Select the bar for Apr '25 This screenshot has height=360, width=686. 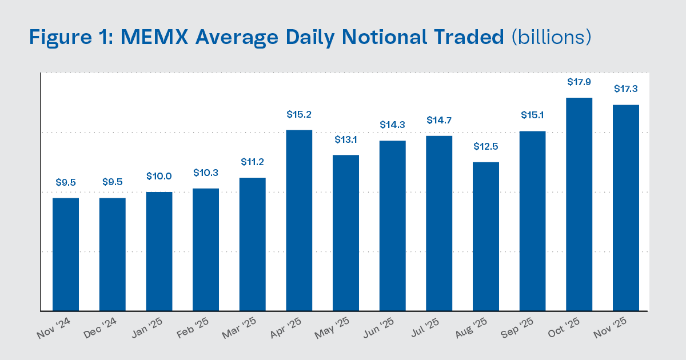point(299,221)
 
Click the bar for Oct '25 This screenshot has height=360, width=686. point(579,205)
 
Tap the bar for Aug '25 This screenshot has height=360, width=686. point(486,237)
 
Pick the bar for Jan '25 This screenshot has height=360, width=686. point(159,251)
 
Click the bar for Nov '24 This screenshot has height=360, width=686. point(66,254)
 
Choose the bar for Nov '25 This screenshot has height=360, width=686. point(626,208)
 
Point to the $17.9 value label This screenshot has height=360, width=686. point(579,82)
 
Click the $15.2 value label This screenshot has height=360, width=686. point(299,115)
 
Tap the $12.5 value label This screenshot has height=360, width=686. point(486,146)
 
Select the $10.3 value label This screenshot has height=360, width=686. point(206,173)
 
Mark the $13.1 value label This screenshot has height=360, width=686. point(346,139)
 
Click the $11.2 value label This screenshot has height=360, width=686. point(252,162)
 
